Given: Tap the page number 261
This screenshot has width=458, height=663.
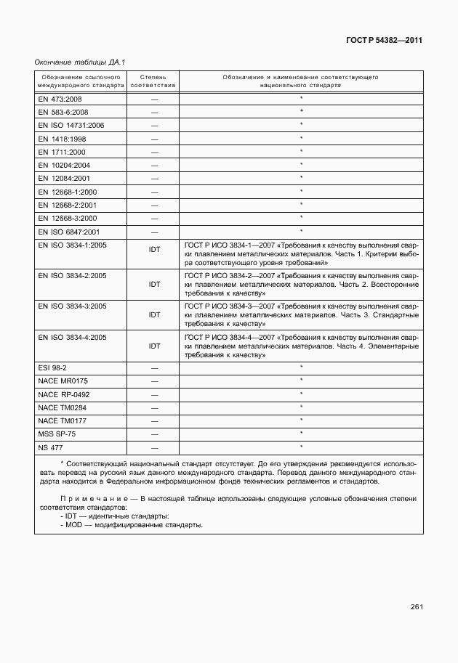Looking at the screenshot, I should (x=416, y=607).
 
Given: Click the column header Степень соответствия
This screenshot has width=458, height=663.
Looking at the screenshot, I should (x=153, y=81).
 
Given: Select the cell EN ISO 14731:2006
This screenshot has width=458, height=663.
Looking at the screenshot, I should (x=71, y=125).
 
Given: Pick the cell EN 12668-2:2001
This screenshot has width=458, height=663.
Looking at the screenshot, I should (x=67, y=205).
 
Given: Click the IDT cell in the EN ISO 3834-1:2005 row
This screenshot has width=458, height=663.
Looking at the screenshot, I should (x=154, y=251).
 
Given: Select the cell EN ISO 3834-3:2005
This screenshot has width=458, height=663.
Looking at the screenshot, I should (x=72, y=306).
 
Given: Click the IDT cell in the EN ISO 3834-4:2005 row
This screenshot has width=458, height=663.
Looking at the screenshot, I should (x=154, y=346).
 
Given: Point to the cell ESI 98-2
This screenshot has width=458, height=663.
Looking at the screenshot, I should (x=52, y=368).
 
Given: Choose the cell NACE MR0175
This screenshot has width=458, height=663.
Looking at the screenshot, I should (x=63, y=381).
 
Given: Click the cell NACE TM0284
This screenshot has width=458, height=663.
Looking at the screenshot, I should (x=63, y=407).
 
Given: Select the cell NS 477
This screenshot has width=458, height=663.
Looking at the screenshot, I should (x=49, y=447).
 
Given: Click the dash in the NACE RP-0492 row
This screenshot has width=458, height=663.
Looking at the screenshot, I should (x=154, y=394).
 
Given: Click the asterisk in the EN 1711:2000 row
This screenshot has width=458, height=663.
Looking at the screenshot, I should (x=300, y=151).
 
